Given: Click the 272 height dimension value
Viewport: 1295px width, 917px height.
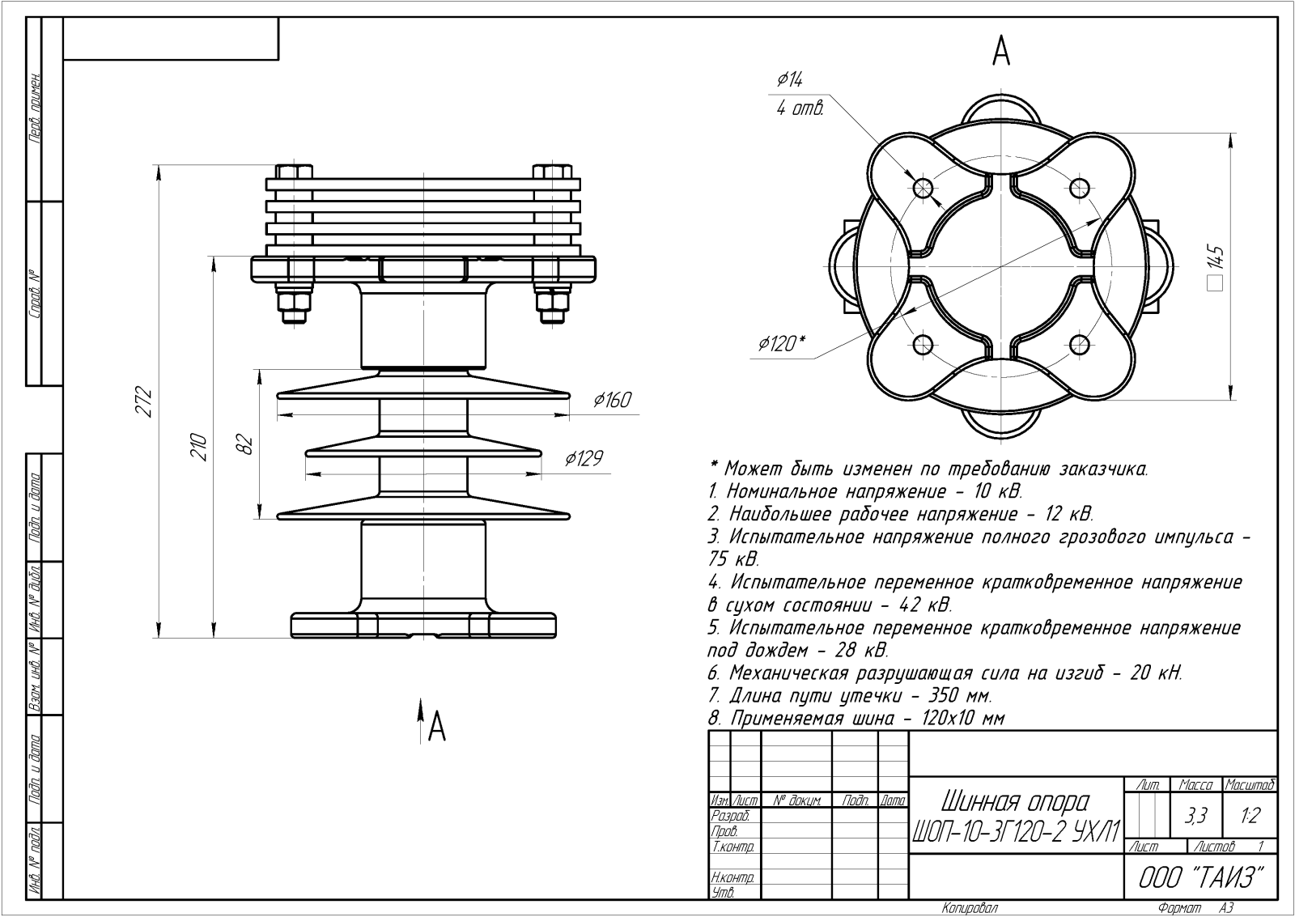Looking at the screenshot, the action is click(143, 401).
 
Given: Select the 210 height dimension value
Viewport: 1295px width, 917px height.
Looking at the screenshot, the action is click(198, 447).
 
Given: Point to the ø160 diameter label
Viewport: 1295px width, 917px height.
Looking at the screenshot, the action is click(613, 400).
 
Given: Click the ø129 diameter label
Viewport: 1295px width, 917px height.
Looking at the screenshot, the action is click(584, 458).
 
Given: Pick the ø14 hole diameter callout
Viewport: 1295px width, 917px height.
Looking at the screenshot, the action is click(790, 79).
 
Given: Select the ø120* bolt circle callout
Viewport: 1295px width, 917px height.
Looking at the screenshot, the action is click(782, 343).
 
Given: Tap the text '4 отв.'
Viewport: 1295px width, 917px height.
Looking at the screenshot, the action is click(800, 108).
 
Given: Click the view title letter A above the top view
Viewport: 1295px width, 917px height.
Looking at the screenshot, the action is click(1000, 52).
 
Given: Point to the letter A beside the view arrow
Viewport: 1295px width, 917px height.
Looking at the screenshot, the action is click(437, 727).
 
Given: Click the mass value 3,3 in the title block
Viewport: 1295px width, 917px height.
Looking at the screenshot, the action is click(1195, 816).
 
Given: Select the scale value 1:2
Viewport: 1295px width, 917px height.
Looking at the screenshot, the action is click(1250, 816).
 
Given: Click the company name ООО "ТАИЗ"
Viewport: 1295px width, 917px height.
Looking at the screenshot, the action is click(1200, 878).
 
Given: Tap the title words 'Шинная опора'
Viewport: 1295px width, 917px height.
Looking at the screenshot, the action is click(1015, 802).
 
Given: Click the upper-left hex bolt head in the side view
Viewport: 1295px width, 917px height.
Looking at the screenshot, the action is click(295, 172).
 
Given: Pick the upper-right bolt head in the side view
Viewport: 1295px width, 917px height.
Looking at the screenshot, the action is click(551, 172).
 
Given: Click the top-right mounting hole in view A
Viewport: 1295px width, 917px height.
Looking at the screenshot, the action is click(1080, 187).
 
